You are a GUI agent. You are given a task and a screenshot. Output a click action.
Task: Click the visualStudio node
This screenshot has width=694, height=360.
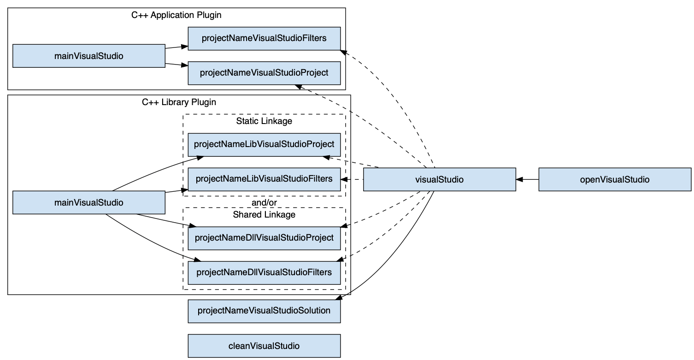[x=439, y=180]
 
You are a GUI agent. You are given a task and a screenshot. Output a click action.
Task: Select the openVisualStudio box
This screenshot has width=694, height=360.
[x=615, y=180]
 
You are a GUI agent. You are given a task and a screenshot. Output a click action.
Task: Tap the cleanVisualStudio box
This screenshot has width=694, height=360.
[x=264, y=346]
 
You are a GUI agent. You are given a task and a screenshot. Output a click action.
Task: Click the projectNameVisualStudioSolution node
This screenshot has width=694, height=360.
[x=264, y=310]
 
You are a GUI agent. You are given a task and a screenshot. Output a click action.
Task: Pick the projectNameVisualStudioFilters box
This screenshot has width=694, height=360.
[x=264, y=38]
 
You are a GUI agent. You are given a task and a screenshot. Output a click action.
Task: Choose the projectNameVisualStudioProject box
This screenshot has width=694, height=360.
[x=264, y=73]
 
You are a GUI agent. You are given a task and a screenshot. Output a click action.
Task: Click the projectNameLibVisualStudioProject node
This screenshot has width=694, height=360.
[x=264, y=144]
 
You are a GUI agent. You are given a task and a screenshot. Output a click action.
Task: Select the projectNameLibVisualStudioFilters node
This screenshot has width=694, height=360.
[x=264, y=179]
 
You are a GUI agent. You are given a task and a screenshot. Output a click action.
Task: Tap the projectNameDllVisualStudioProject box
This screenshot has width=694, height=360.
[x=264, y=238]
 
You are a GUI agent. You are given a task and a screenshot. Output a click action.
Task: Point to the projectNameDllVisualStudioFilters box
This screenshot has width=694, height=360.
[x=264, y=272]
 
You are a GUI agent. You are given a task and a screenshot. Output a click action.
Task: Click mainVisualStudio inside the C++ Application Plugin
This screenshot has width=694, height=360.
[x=88, y=56]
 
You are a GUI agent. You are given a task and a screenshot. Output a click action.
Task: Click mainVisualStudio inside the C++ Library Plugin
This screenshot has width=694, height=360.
[x=88, y=202]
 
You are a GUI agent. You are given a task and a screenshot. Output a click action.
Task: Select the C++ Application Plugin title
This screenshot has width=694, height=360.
[x=176, y=15]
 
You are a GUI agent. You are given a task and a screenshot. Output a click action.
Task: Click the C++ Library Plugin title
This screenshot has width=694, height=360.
[x=179, y=102]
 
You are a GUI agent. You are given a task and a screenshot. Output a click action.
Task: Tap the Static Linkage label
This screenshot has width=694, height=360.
[x=264, y=121]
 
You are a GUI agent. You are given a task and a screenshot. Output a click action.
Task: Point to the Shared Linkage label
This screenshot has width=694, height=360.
[x=264, y=214]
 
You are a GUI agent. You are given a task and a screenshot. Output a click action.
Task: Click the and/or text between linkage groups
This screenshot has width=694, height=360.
[x=264, y=203]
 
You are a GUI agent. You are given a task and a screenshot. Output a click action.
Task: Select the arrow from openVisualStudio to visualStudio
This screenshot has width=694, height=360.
[x=528, y=180]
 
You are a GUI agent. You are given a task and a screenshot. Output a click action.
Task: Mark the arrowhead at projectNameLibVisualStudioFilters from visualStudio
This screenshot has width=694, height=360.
[x=343, y=179]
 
